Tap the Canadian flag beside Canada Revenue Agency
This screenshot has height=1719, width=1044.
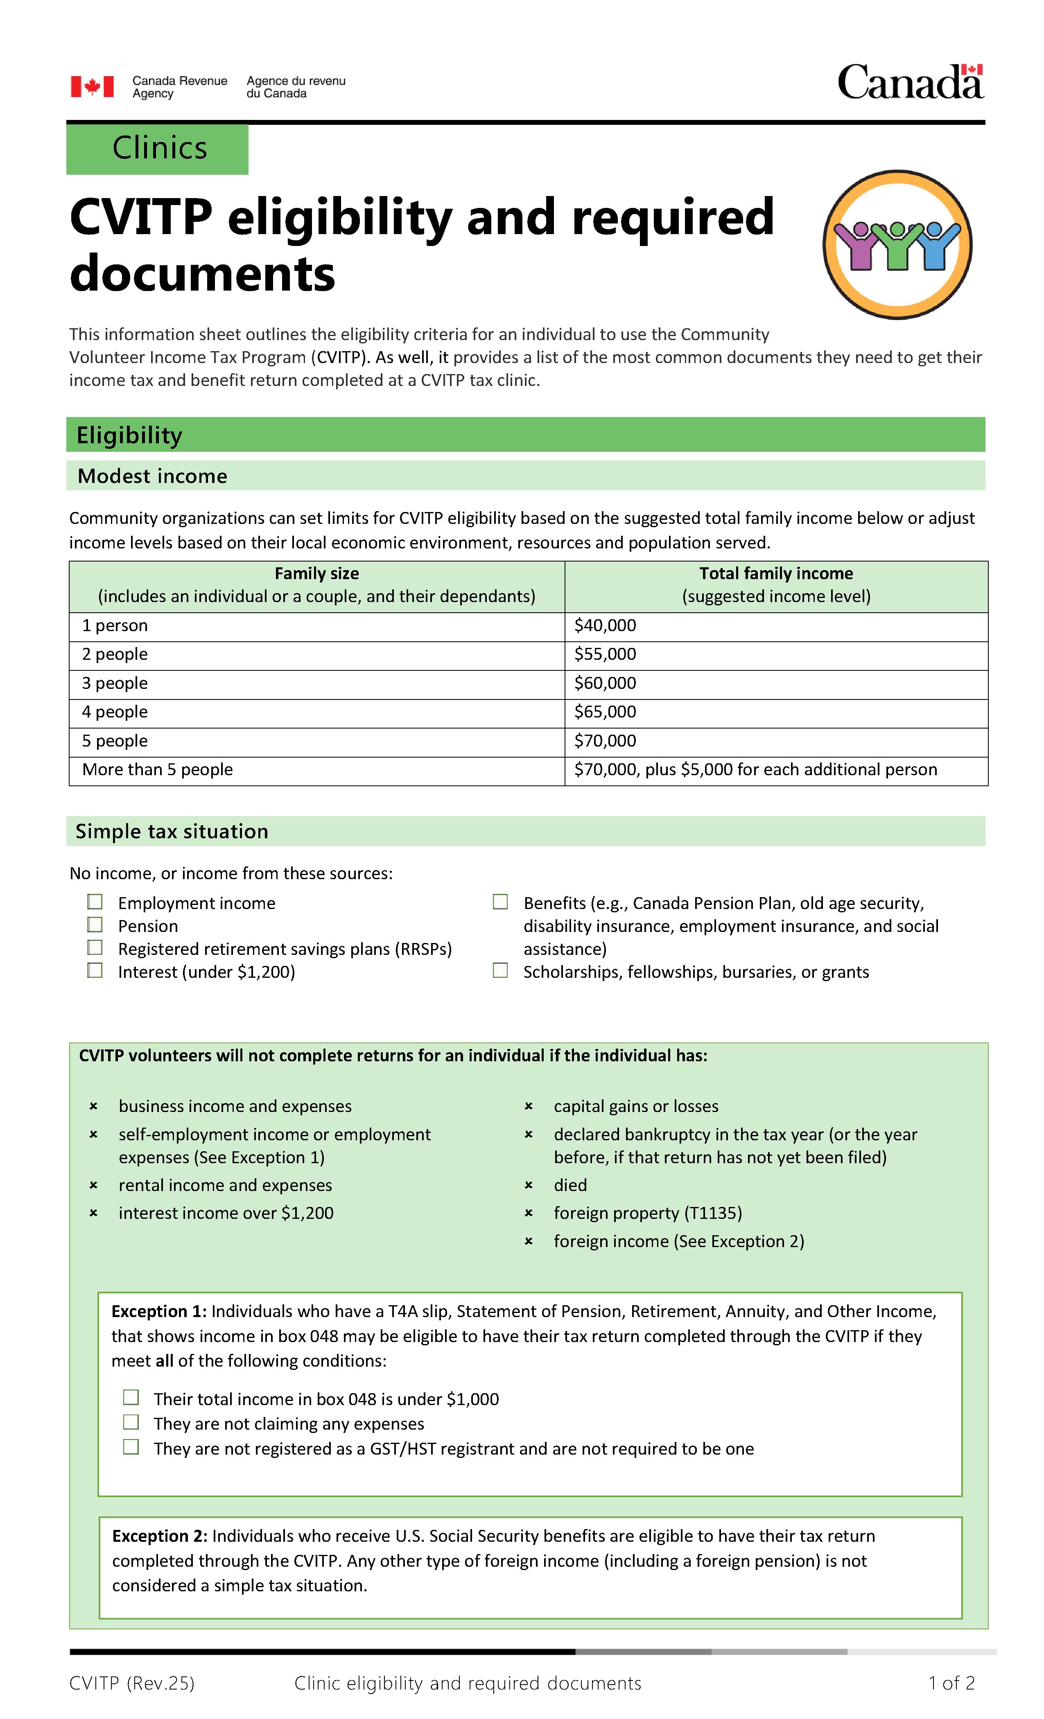[92, 86]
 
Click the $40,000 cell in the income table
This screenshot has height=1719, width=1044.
[605, 626]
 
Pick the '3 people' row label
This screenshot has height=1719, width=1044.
[115, 684]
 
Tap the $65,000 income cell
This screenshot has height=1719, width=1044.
[605, 712]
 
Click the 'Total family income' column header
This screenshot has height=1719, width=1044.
[775, 573]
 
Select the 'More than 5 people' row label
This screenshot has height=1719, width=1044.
[158, 770]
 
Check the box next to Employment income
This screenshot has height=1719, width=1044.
[95, 902]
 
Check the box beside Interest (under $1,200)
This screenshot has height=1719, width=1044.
[95, 970]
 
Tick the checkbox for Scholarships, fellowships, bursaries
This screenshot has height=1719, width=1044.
[500, 970]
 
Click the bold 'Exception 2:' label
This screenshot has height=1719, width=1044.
[160, 1536]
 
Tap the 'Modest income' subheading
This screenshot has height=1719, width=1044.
[152, 476]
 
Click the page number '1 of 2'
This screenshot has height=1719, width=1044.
[951, 1683]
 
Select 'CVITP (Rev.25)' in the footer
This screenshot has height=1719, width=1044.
[132, 1683]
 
